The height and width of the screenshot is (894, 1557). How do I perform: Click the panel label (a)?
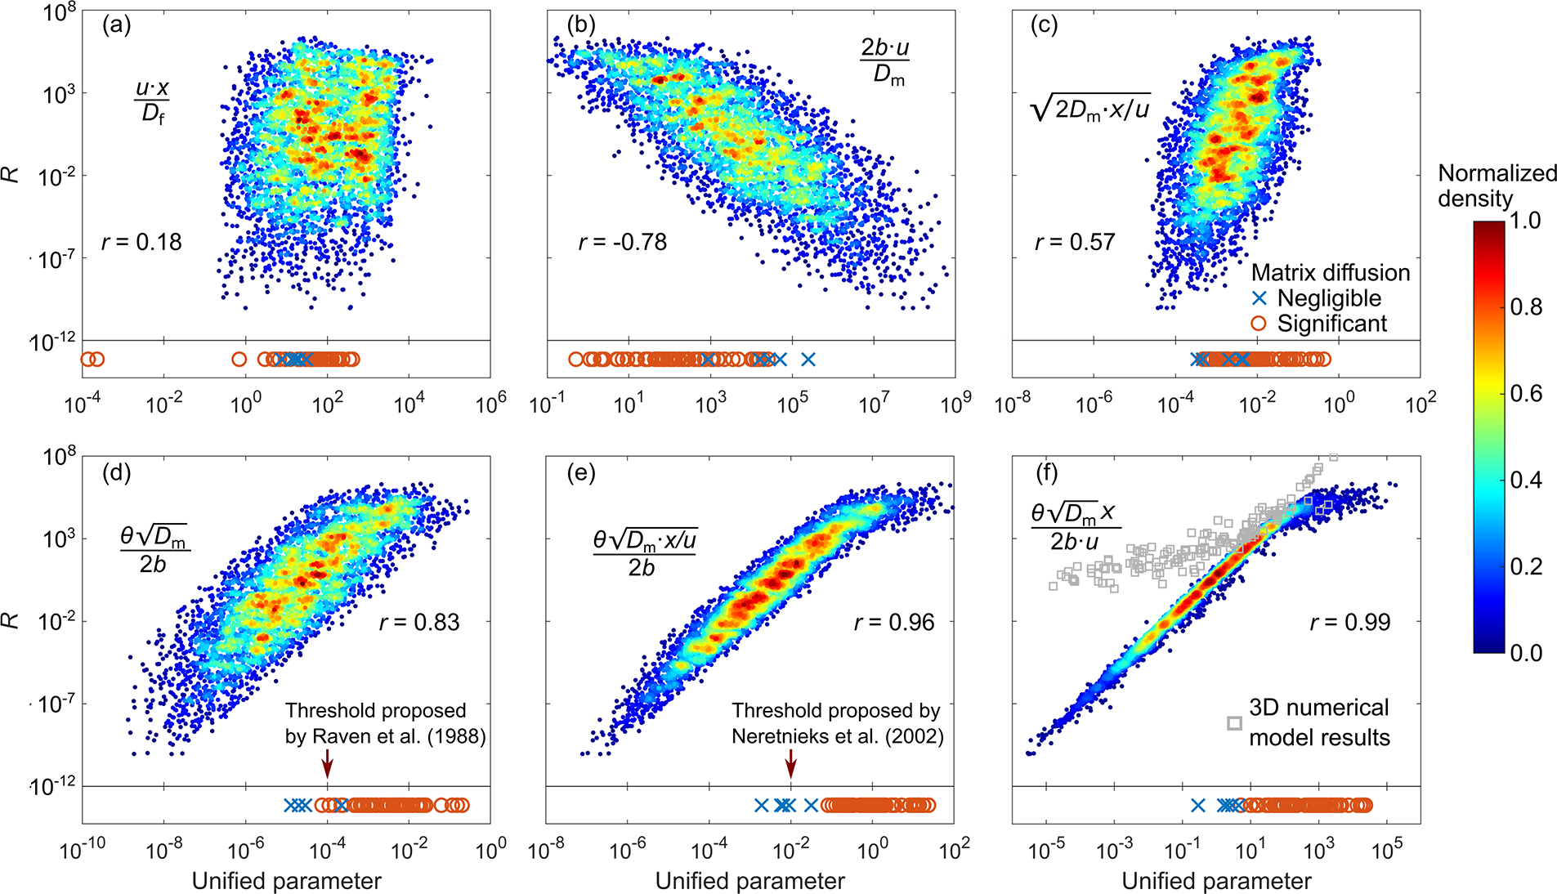coord(117,25)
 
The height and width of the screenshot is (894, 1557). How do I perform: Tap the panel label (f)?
coord(1046,472)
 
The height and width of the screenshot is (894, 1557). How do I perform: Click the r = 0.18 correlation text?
coord(141,242)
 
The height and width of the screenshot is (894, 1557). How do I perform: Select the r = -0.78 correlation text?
coord(622,242)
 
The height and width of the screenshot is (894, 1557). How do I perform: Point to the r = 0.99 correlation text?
coord(1349,622)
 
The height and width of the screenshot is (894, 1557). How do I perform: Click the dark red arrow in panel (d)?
coord(327,765)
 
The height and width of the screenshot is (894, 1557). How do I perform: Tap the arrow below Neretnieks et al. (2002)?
coord(790,765)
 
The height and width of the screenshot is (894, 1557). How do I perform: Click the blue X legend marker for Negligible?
coord(1259,298)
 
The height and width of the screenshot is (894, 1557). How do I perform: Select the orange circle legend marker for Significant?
coord(1259,324)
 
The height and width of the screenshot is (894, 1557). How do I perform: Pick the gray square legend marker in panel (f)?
coord(1234,723)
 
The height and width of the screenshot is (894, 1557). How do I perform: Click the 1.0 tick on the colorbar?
coord(1525,221)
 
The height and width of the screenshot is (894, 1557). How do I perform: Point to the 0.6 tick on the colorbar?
coord(1525,394)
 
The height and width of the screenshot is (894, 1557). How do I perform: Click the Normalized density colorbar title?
coord(1497,186)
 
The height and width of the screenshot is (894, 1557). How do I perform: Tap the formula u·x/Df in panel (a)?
coord(153,101)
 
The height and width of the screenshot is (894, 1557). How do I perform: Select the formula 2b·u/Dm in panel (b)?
coord(885,61)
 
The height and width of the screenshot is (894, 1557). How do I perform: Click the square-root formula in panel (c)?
coord(1090,107)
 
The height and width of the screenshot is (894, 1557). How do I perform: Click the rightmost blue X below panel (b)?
coord(808,359)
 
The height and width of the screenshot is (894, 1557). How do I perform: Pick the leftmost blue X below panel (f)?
coord(1197,805)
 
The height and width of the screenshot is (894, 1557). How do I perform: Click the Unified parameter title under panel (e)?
coord(749,881)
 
